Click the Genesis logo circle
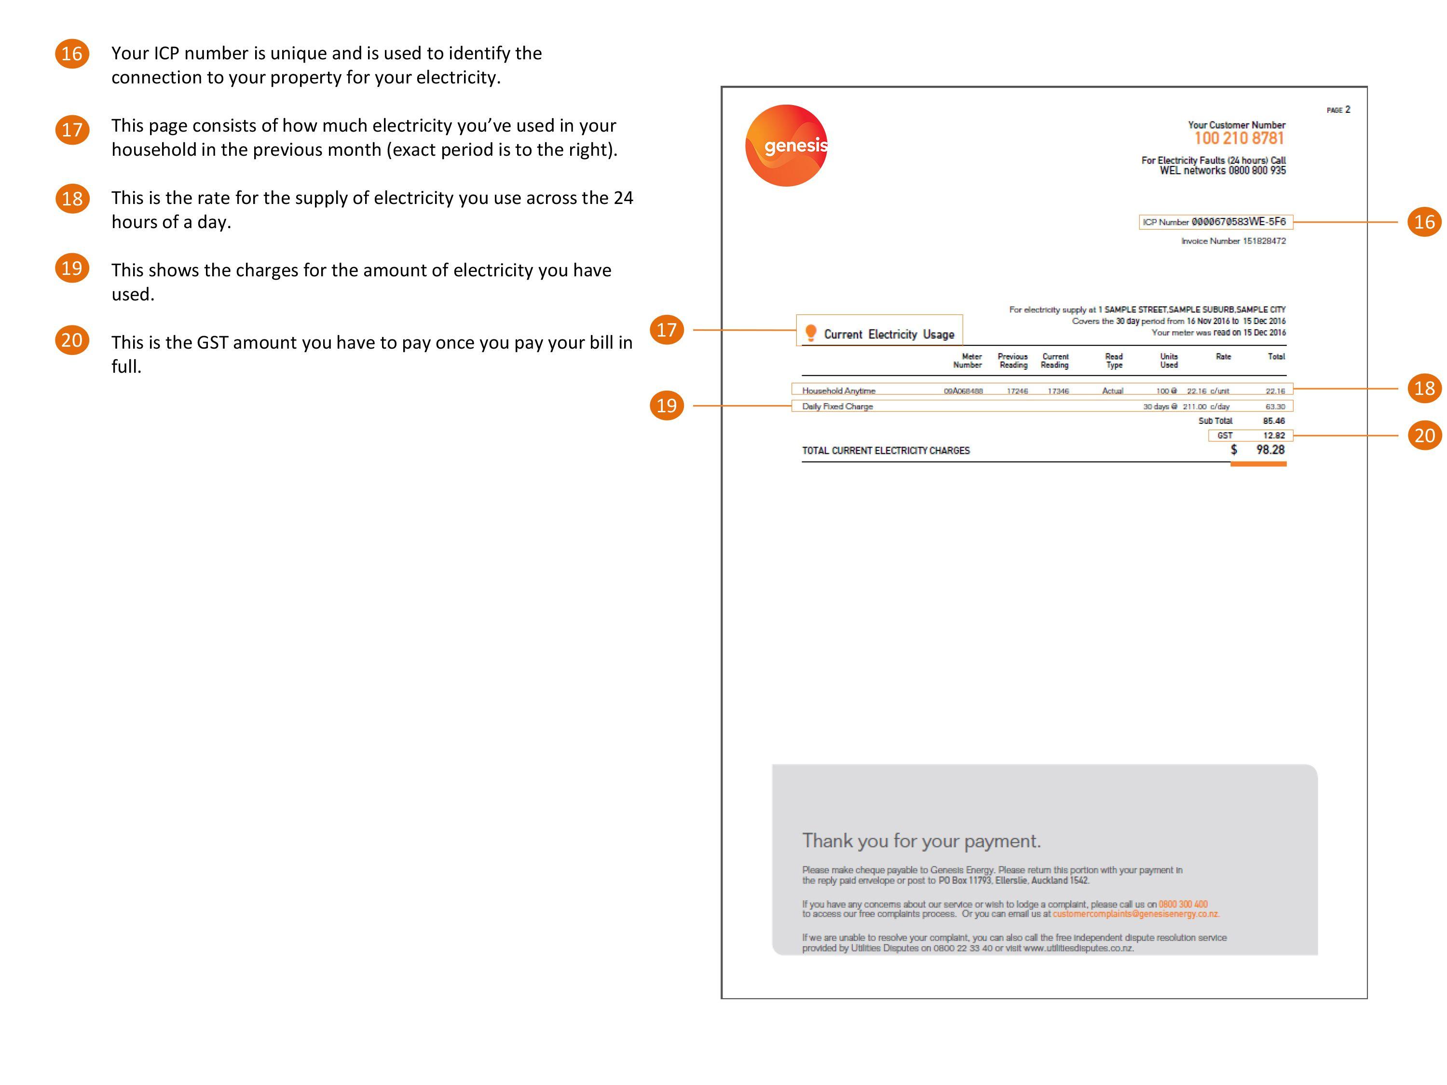(x=786, y=145)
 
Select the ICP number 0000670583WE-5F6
(x=1238, y=222)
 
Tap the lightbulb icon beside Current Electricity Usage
(x=810, y=333)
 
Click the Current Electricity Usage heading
(x=888, y=334)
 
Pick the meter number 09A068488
(x=963, y=391)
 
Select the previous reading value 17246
(x=1017, y=391)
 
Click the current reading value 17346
(x=1058, y=391)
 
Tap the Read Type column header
(x=1113, y=360)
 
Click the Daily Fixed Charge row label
(x=837, y=406)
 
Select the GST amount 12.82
(x=1274, y=435)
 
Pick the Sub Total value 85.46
(x=1274, y=421)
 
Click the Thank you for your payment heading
(x=921, y=841)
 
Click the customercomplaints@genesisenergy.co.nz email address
(x=1135, y=914)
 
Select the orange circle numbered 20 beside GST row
(x=1424, y=435)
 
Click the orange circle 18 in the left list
(x=72, y=199)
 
